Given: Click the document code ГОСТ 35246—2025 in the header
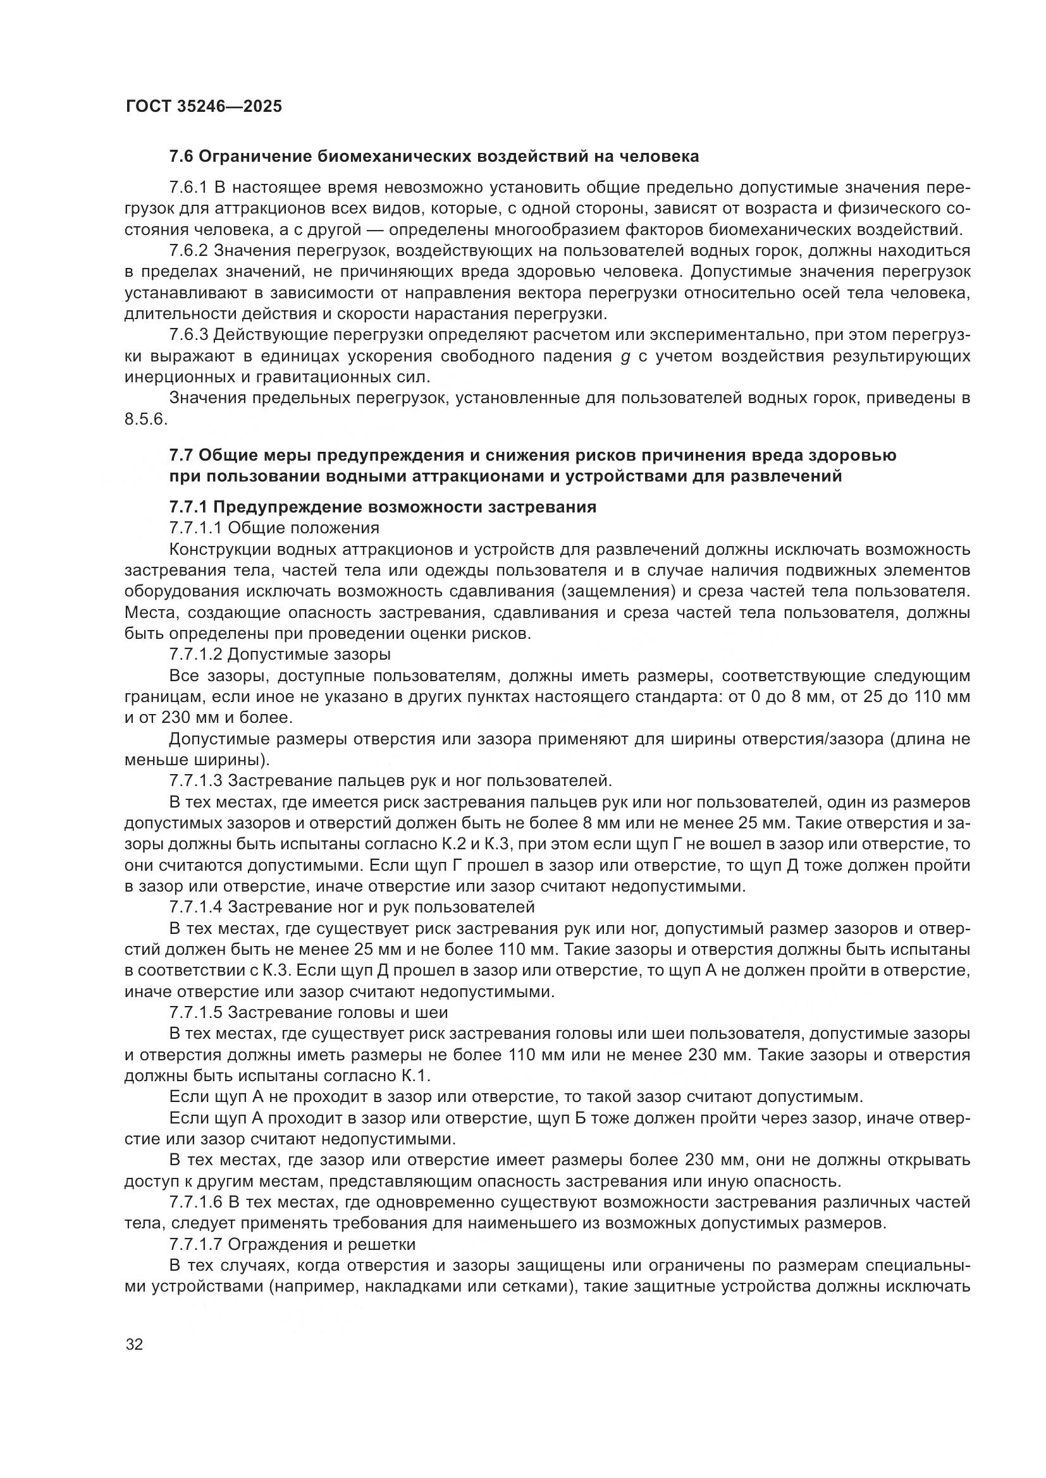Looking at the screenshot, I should pos(204,106).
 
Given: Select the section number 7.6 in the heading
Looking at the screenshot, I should pos(181,157).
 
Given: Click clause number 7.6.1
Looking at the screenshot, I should pos(187,188).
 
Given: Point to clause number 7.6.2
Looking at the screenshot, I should pos(187,251).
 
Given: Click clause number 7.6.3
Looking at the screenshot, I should pos(187,335).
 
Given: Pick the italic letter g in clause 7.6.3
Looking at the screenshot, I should pos(624,357).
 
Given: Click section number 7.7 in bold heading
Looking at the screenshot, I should pos(181,455).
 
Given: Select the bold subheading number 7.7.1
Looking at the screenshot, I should pos(187,507).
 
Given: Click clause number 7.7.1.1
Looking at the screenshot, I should pos(195,528).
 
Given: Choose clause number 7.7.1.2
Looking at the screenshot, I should pos(195,655).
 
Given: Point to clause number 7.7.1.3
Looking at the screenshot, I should pos(195,781).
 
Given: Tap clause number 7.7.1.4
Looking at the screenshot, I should pos(195,907).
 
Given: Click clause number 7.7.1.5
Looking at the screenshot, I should pos(195,1012).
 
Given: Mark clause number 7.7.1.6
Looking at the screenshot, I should pos(195,1202).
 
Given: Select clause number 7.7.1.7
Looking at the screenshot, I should pos(195,1244).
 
